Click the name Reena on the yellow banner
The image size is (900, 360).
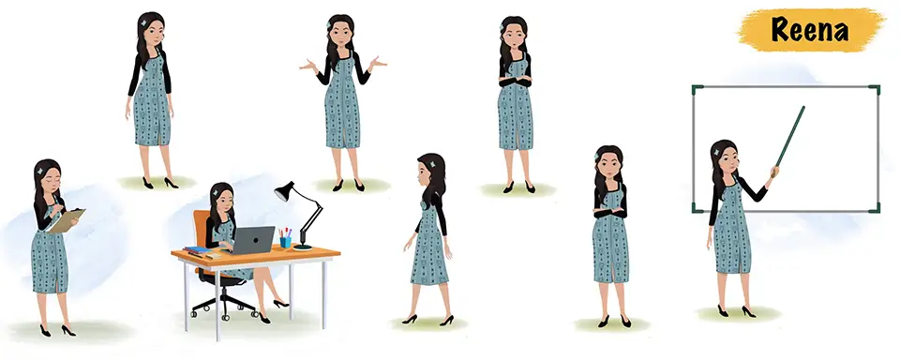pyautogui.click(x=809, y=29)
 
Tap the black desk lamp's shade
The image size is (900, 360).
pyautogui.click(x=285, y=192)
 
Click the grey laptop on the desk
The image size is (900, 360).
pyautogui.click(x=251, y=240)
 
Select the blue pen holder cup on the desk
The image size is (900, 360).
pyautogui.click(x=285, y=242)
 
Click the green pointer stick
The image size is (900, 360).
pyautogui.click(x=789, y=137)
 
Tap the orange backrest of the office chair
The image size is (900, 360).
pyautogui.click(x=201, y=230)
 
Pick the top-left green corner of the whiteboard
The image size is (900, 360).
pyautogui.click(x=697, y=90)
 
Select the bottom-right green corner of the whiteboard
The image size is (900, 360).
pyautogui.click(x=874, y=207)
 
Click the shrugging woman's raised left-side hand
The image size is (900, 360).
pyautogui.click(x=307, y=65)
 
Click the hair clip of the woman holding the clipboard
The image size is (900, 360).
pyautogui.click(x=39, y=172)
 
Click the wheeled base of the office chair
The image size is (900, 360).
pyautogui.click(x=224, y=306)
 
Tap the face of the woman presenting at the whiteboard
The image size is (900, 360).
pyautogui.click(x=727, y=160)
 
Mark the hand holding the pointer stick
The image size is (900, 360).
pyautogui.click(x=775, y=172)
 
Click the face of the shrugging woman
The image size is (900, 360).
pyautogui.click(x=341, y=35)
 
